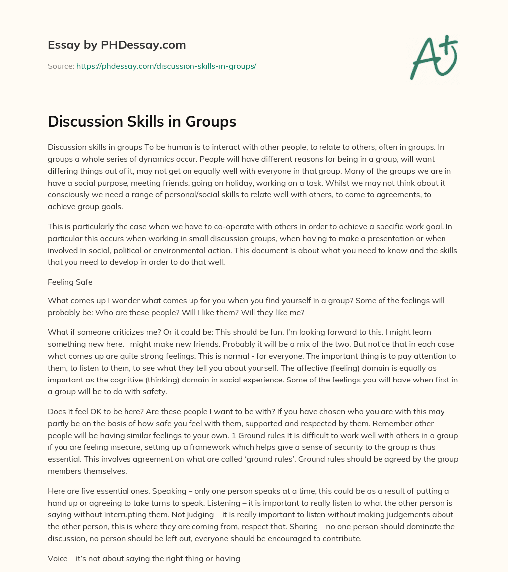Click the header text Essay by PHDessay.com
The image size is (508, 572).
click(117, 45)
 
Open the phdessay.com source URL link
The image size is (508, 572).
click(166, 66)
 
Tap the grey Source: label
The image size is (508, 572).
click(61, 66)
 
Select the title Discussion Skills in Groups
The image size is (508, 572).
click(142, 122)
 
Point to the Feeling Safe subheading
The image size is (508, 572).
click(70, 282)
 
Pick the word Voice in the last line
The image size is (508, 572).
click(58, 558)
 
